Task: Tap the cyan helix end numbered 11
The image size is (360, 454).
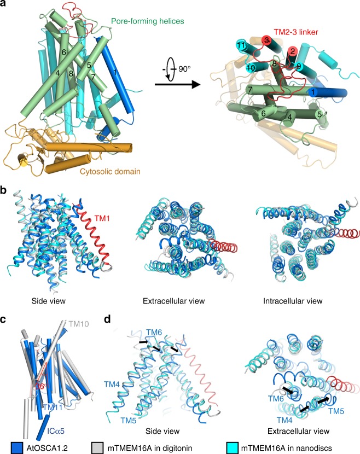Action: click(240, 44)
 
